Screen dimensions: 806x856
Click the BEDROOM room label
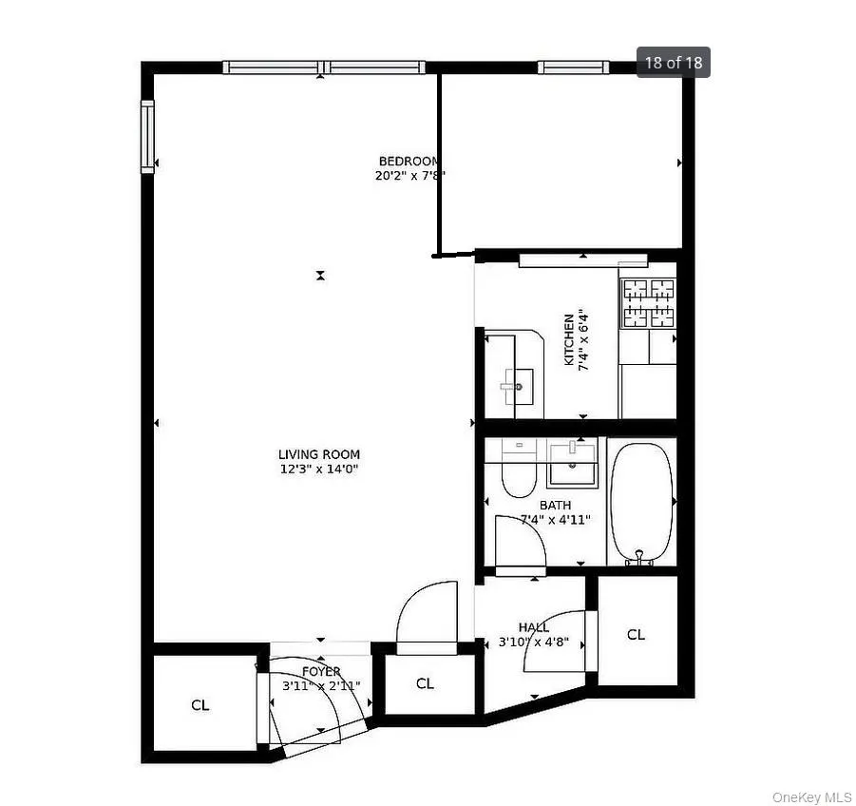pyautogui.click(x=409, y=162)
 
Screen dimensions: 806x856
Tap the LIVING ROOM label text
pyautogui.click(x=318, y=454)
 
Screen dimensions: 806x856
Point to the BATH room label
pyautogui.click(x=555, y=505)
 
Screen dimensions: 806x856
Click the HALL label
pyautogui.click(x=533, y=627)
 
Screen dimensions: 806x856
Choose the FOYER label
pyautogui.click(x=321, y=672)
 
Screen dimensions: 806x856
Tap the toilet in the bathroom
pyautogui.click(x=518, y=470)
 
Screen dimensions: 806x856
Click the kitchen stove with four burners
pyautogui.click(x=648, y=302)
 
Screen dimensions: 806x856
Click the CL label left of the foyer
pyautogui.click(x=200, y=705)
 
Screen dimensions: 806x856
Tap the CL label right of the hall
pyautogui.click(x=636, y=635)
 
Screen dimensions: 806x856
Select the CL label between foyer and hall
pyautogui.click(x=425, y=683)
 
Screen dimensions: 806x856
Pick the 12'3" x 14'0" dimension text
pyautogui.click(x=318, y=469)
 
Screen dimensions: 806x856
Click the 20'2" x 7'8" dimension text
pyautogui.click(x=409, y=176)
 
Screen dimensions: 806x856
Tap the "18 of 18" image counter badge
pyautogui.click(x=673, y=63)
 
